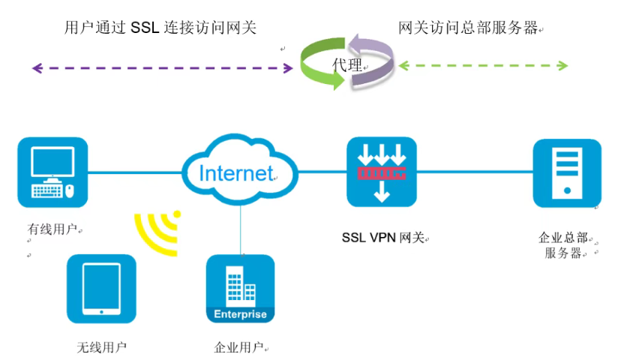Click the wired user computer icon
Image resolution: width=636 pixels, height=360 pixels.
click(52, 172)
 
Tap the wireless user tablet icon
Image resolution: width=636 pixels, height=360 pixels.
click(101, 289)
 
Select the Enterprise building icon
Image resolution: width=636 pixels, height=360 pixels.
click(240, 289)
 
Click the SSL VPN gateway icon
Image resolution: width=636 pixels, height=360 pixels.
click(381, 172)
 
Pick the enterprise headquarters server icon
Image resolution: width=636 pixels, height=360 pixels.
click(567, 172)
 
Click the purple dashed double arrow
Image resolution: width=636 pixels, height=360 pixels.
click(162, 68)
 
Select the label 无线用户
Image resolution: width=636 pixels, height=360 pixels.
click(101, 347)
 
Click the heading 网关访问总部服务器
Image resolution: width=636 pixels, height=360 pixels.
click(468, 28)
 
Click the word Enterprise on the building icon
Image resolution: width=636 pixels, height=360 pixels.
click(240, 314)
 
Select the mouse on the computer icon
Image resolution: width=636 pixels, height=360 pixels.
click(70, 190)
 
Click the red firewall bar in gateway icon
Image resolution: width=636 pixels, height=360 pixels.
click(381, 173)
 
